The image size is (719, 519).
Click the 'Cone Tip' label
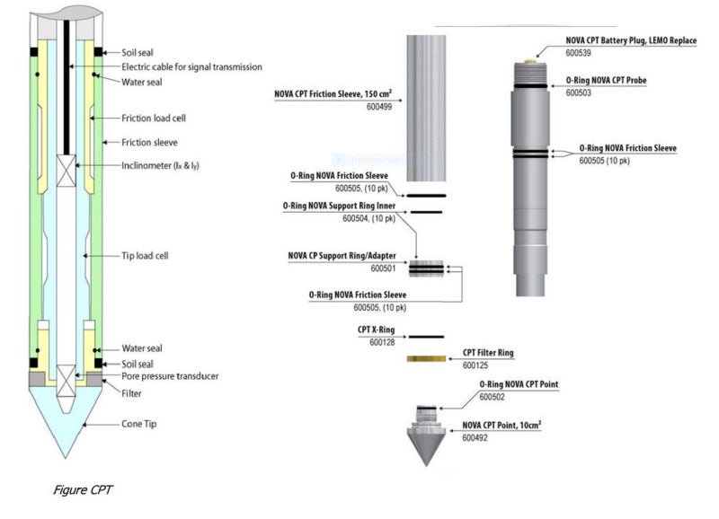(x=139, y=424)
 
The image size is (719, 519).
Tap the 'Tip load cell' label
(x=145, y=256)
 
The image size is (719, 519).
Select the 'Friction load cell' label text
(x=154, y=119)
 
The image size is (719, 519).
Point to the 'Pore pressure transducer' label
(x=170, y=376)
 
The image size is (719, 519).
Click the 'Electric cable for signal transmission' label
(x=191, y=66)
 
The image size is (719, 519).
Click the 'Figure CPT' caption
(x=83, y=490)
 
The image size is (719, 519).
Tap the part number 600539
(x=578, y=53)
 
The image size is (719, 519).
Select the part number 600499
(x=379, y=107)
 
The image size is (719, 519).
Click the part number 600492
(x=475, y=438)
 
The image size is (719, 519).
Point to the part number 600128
(x=382, y=342)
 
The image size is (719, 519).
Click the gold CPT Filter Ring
(x=426, y=358)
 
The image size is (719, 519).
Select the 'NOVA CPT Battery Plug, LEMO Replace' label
(x=631, y=40)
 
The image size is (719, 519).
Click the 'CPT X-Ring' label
(x=376, y=330)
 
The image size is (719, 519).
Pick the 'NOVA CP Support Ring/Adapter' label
(x=342, y=256)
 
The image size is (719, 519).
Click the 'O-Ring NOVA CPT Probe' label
(x=606, y=80)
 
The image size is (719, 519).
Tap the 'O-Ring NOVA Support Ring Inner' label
(x=339, y=207)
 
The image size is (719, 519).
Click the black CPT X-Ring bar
(x=426, y=337)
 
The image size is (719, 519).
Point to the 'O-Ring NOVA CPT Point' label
(x=519, y=384)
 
